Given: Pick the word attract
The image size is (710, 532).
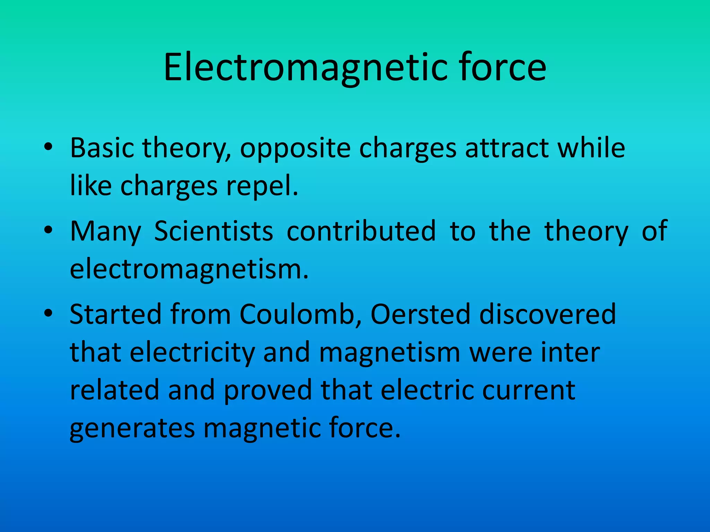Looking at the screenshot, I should click(x=506, y=148).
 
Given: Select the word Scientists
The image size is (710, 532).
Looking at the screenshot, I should click(x=214, y=231).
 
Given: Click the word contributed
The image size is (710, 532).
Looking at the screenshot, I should click(x=361, y=231).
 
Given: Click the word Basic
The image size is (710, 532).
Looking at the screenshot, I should click(x=102, y=148).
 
